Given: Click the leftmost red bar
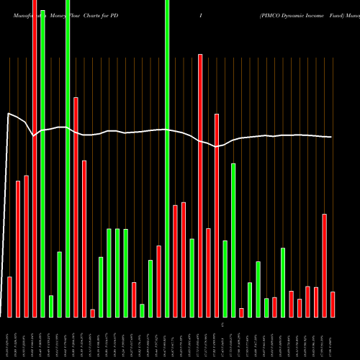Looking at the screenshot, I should pyautogui.click(x=10, y=297).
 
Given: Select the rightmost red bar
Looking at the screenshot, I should pyautogui.click(x=333, y=304).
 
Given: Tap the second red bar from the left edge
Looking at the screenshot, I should pyautogui.click(x=18, y=248).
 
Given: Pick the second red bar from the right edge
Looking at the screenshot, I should pyautogui.click(x=325, y=265).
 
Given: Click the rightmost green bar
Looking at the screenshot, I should pyautogui.click(x=283, y=282).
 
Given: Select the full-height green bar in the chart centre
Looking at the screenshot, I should pyautogui.click(x=167, y=158).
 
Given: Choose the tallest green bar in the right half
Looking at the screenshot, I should pyautogui.click(x=233, y=240).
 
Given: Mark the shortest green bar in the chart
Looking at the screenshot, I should pyautogui.click(x=143, y=310).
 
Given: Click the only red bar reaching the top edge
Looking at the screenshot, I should pyautogui.click(x=35, y=158).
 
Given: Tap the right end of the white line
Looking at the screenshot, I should pyautogui.click(x=332, y=137).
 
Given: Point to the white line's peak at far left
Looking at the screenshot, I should pyautogui.click(x=9, y=113).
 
